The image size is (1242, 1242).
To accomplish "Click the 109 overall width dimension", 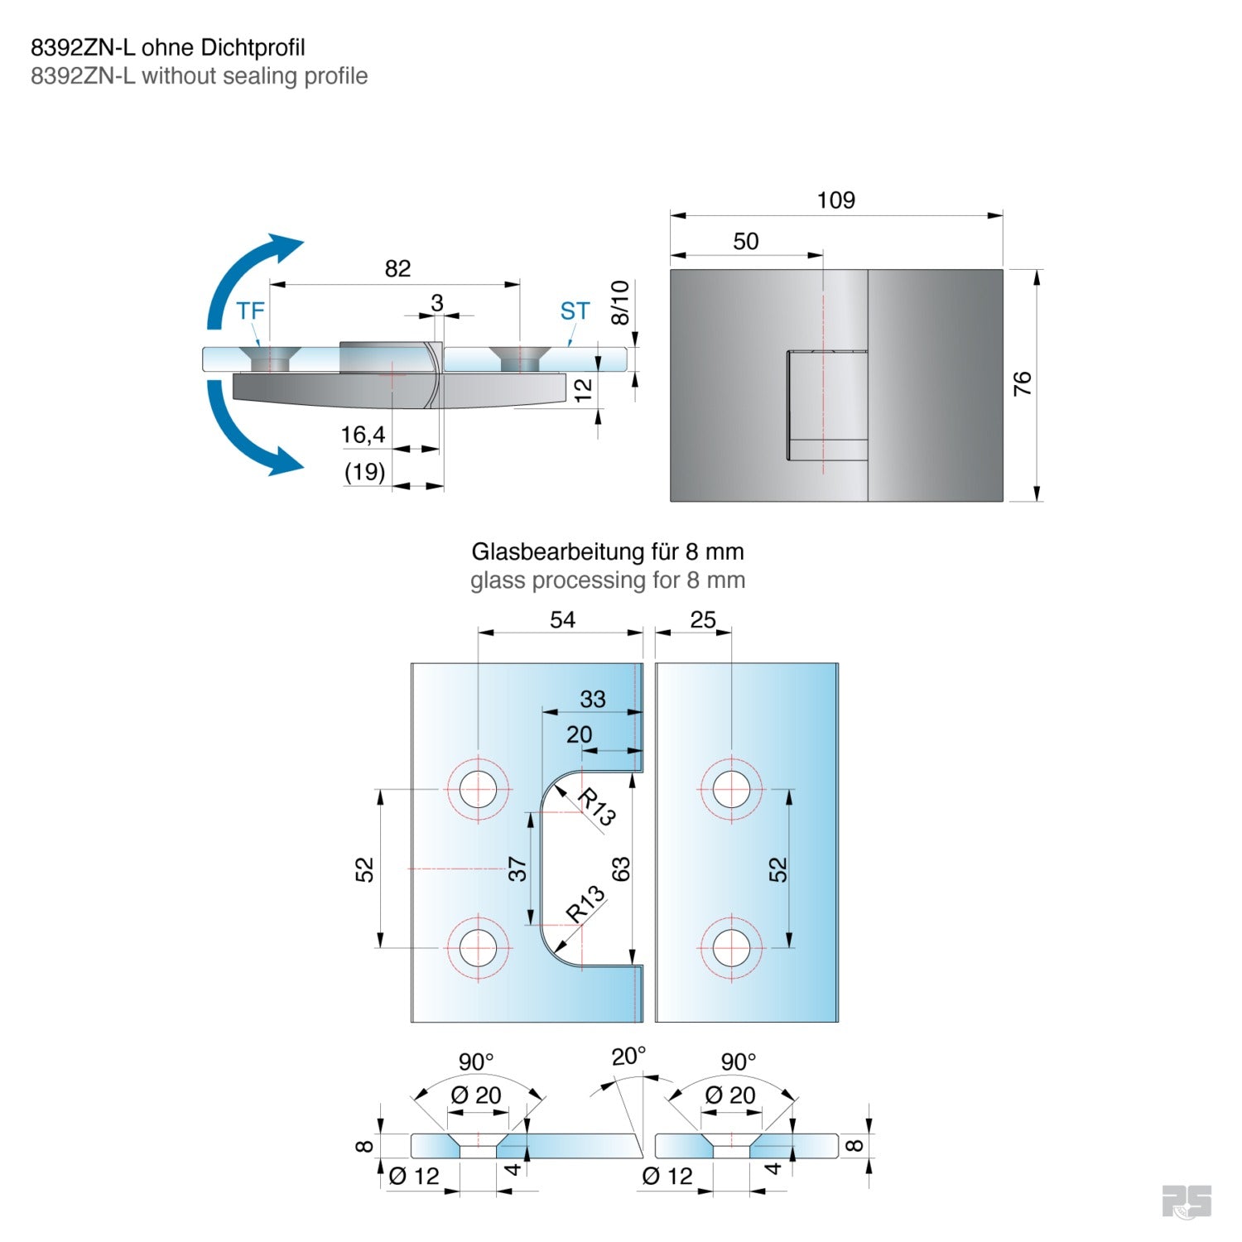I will point(835,200).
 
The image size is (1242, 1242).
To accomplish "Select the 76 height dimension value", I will point(1023,383).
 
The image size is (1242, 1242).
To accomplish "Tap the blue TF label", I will point(250,311).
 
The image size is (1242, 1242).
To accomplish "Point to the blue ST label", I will point(575,311).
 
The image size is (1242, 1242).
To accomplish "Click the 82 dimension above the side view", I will point(397,268).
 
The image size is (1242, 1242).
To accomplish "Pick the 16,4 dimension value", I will point(363,435).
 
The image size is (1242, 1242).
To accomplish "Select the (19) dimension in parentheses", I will point(364,472).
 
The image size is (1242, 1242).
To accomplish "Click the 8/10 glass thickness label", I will point(620,302).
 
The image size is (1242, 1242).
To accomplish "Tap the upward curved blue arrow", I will point(248,273).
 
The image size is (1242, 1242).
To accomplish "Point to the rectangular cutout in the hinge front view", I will point(826,405).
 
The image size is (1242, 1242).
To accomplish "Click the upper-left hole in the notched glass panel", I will point(478,789).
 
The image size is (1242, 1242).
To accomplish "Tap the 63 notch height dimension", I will point(621,869).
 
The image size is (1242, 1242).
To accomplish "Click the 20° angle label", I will point(628,1057).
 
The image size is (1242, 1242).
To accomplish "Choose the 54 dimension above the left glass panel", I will point(562,620).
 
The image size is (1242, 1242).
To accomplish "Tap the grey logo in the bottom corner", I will point(1186,1201).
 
